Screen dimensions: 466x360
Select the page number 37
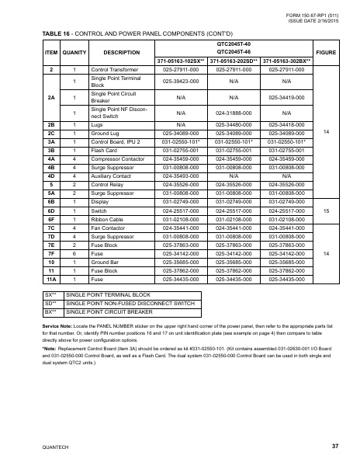tap(334, 445)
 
